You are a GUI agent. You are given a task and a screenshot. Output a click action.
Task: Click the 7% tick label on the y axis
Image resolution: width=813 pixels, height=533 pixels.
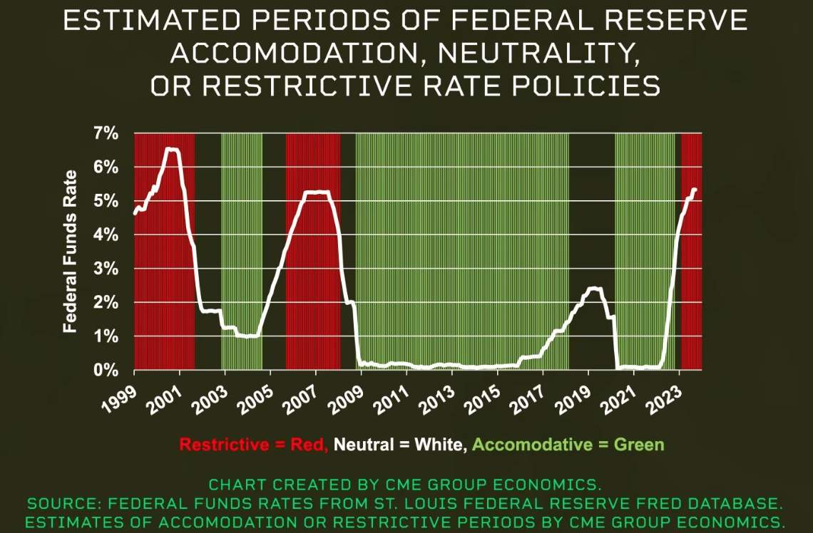(x=106, y=134)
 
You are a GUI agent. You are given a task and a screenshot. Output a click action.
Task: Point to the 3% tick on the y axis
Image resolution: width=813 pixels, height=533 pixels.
(x=106, y=269)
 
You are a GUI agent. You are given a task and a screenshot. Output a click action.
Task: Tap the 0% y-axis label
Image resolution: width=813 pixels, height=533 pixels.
(x=106, y=371)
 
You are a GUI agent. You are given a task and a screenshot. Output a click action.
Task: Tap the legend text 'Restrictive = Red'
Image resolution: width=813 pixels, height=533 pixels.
(x=253, y=445)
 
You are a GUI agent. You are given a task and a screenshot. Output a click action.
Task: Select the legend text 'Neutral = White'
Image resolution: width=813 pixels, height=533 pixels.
(x=400, y=445)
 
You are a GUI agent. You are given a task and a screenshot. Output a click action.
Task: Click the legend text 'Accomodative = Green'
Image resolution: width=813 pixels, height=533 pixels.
(x=568, y=445)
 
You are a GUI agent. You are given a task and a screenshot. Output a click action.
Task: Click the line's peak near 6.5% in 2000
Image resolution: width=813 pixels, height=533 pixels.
(x=172, y=150)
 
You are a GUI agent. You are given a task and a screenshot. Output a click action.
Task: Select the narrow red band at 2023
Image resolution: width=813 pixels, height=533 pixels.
(x=691, y=249)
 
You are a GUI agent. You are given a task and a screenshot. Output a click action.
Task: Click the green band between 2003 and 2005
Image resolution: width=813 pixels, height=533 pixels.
(x=241, y=249)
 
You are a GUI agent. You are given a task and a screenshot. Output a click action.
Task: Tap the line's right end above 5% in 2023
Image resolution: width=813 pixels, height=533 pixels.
(x=695, y=190)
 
